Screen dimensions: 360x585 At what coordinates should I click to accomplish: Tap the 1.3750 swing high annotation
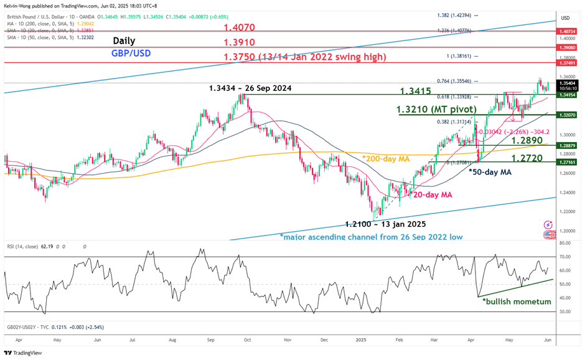[x=304, y=57]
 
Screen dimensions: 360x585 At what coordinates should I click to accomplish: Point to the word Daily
[x=124, y=41]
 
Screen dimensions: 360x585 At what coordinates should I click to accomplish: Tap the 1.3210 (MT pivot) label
[x=436, y=110]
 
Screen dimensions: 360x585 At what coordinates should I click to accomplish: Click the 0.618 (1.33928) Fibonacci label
[x=449, y=97]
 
